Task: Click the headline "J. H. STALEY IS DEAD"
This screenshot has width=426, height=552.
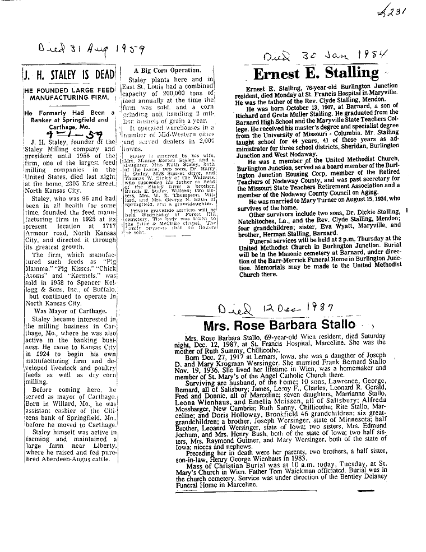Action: (x=69, y=75)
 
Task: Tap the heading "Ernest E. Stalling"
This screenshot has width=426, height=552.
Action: (x=316, y=73)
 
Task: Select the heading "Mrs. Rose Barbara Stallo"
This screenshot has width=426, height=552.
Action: (x=279, y=324)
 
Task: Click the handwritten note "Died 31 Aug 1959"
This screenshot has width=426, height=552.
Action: (x=90, y=50)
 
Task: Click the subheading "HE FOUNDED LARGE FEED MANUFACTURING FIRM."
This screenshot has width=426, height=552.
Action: (x=68, y=94)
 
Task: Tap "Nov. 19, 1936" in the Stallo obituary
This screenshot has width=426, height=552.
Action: (x=214, y=362)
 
